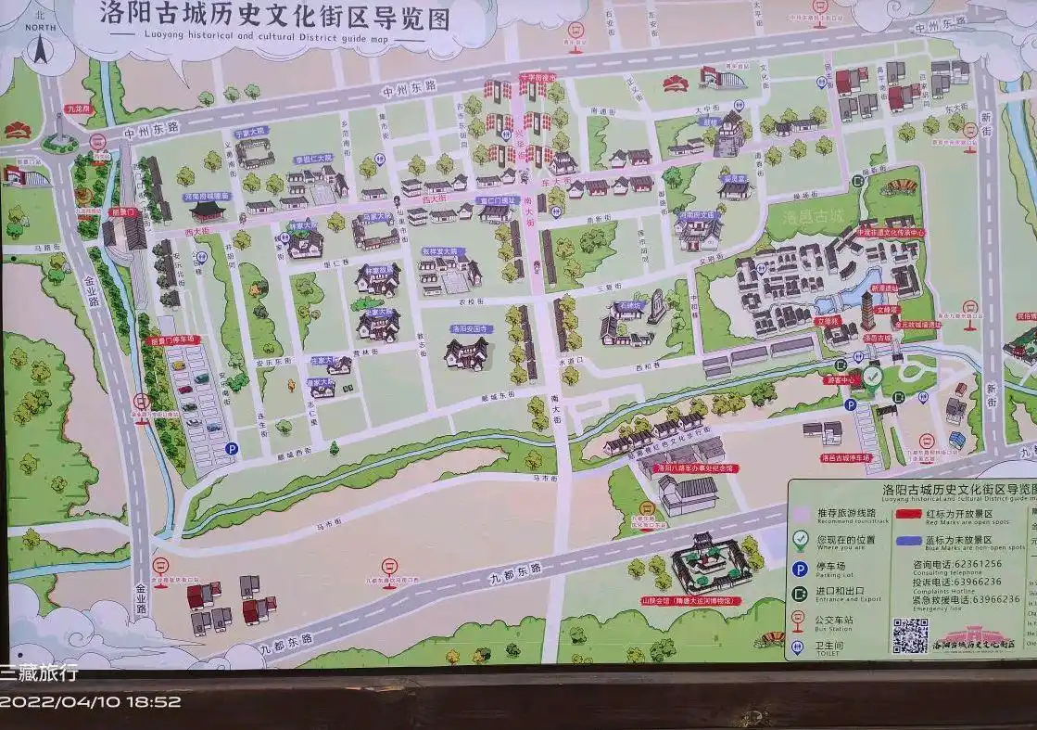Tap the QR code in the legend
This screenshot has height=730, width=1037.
click(910, 634)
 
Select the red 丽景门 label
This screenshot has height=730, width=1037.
click(123, 211)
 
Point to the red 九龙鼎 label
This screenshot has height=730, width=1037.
click(81, 109)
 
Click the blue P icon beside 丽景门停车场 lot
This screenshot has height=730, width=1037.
click(231, 448)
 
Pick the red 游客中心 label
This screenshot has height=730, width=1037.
click(843, 379)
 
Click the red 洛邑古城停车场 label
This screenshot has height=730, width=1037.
click(846, 457)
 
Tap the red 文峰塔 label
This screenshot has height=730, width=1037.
click(888, 308)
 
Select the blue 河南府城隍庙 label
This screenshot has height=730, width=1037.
click(206, 197)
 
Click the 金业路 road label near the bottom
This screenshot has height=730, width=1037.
click(141, 597)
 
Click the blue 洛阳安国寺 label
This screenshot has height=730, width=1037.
click(470, 328)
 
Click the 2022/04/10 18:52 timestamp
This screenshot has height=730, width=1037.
click(91, 702)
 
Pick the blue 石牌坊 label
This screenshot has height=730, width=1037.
click(630, 303)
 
